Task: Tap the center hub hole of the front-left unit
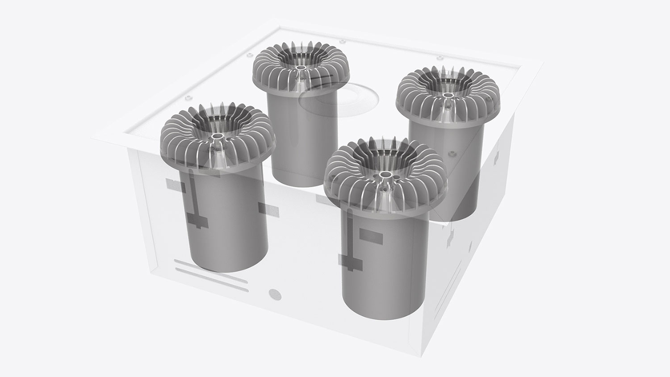(218, 136)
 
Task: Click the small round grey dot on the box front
(273, 294)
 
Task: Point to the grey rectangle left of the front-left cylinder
(172, 183)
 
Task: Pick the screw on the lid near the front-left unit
(188, 96)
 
